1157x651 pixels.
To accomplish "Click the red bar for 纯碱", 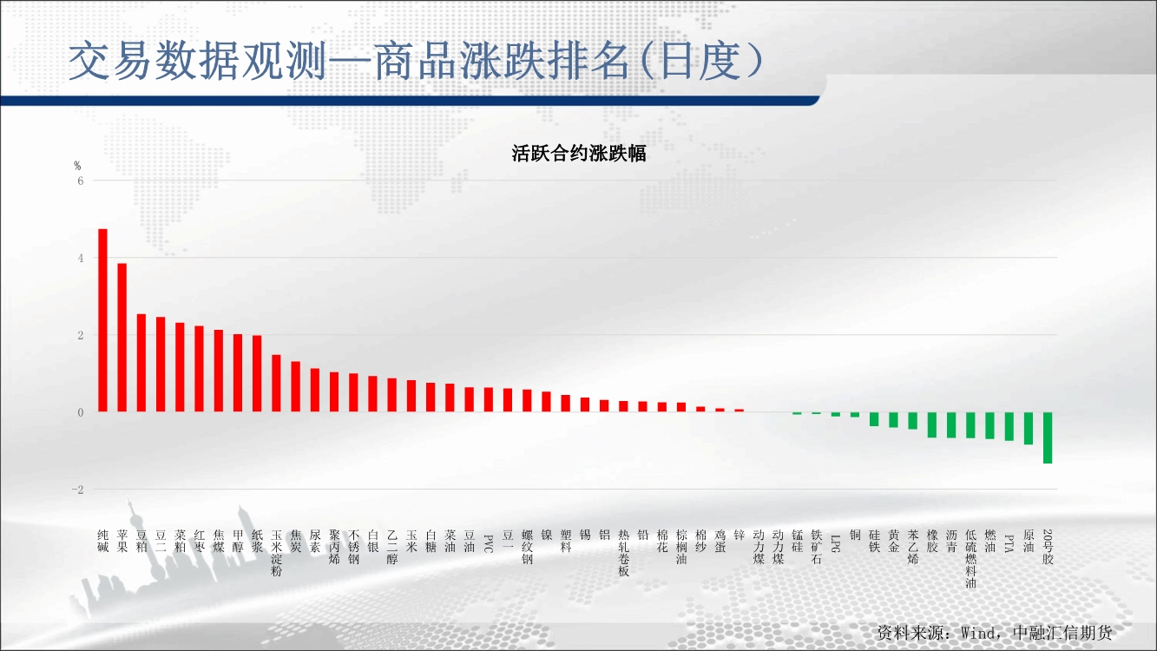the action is click(x=102, y=320).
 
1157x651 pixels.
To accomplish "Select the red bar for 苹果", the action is click(x=122, y=338).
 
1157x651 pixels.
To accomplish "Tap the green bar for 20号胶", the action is click(x=1048, y=437).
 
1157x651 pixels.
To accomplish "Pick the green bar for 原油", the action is click(x=1029, y=428).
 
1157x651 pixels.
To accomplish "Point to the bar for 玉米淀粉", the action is click(x=276, y=384).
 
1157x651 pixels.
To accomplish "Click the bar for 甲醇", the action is click(x=238, y=373).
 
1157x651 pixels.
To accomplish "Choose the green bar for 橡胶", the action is click(x=932, y=424).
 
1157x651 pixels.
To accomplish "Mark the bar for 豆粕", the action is click(x=141, y=363).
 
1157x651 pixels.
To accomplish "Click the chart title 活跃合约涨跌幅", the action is click(x=578, y=154).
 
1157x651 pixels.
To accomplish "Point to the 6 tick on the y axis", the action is click(x=80, y=181).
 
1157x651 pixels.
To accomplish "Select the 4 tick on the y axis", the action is click(x=80, y=258).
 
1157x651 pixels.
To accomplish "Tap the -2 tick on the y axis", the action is click(x=77, y=490).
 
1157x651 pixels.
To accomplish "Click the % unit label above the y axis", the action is click(x=77, y=165).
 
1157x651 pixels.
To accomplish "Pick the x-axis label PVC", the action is click(x=489, y=543).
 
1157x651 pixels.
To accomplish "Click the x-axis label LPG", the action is click(x=836, y=543).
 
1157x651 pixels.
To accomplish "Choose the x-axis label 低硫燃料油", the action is click(x=970, y=558).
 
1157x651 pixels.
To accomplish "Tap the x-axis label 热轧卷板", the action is click(x=623, y=553).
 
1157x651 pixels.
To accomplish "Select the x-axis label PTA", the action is click(x=1009, y=543).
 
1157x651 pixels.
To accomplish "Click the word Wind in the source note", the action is click(x=978, y=633).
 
